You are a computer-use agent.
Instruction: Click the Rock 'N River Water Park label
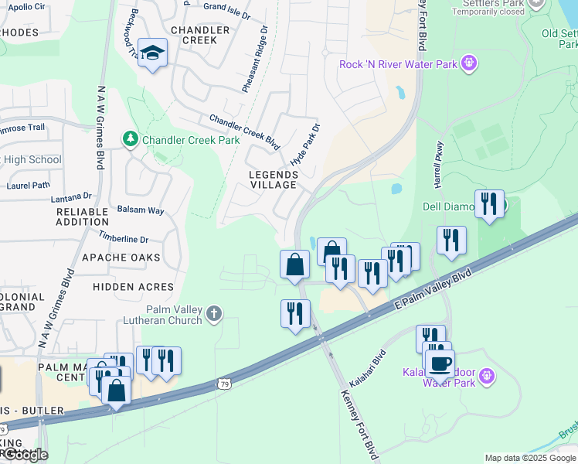[398, 63]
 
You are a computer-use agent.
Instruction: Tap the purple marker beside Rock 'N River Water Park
[468, 63]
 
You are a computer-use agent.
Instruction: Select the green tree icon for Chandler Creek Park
[131, 139]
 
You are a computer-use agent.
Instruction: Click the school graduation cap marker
[152, 53]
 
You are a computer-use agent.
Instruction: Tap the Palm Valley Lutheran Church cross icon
[214, 313]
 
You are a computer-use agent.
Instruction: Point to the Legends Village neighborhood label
[273, 179]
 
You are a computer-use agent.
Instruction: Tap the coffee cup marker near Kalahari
[440, 363]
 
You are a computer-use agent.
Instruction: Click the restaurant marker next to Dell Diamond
[489, 204]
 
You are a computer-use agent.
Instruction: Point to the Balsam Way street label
[140, 210]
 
